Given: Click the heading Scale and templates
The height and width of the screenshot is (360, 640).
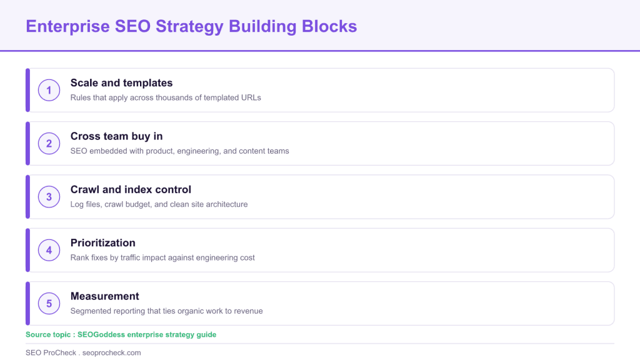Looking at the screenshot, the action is coord(121,83).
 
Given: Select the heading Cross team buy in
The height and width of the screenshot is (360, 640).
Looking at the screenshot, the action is coord(116,136).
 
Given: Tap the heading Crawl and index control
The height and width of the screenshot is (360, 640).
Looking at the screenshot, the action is coord(131,189).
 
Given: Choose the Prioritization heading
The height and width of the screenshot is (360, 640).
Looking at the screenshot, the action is coord(103,243).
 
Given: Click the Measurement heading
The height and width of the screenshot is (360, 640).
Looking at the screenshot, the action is coord(104,296).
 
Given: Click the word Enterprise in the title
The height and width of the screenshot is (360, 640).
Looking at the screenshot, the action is coord(67,27).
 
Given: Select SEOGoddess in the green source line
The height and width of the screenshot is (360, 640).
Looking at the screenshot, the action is coord(101,335).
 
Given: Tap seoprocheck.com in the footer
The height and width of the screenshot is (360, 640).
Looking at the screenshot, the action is coord(111,352).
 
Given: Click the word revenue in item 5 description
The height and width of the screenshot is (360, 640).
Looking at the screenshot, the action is coord(249,311).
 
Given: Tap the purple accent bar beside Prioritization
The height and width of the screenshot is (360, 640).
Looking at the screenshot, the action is coord(27,250).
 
